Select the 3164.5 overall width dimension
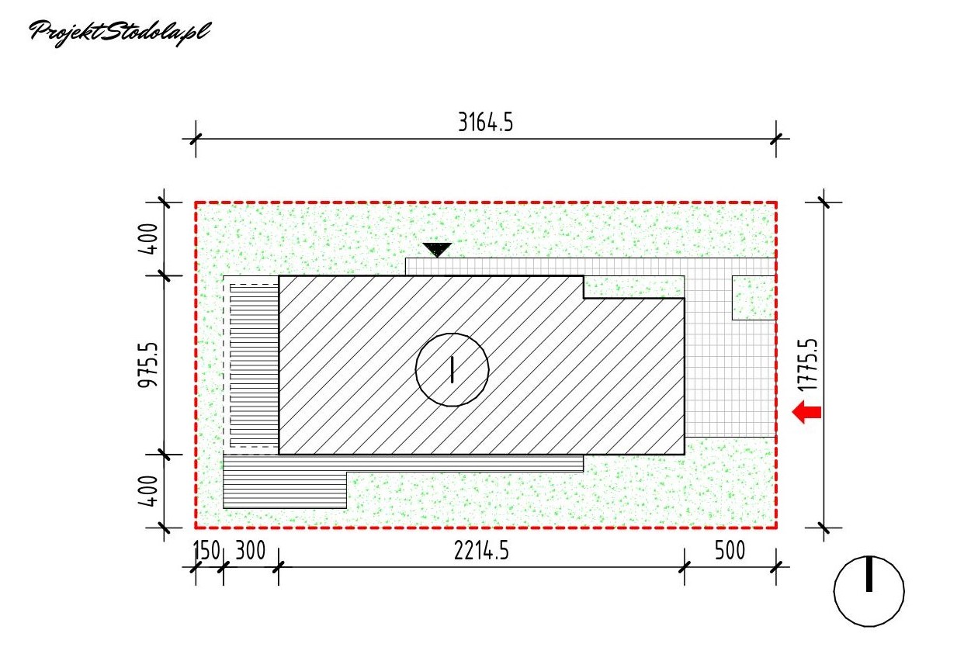point(485,122)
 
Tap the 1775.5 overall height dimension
point(807,365)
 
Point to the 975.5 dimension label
point(147,365)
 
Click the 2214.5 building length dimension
point(481,551)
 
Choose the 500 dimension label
point(730,551)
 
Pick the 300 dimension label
point(251,551)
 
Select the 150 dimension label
point(206,551)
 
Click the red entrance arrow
point(806,412)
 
